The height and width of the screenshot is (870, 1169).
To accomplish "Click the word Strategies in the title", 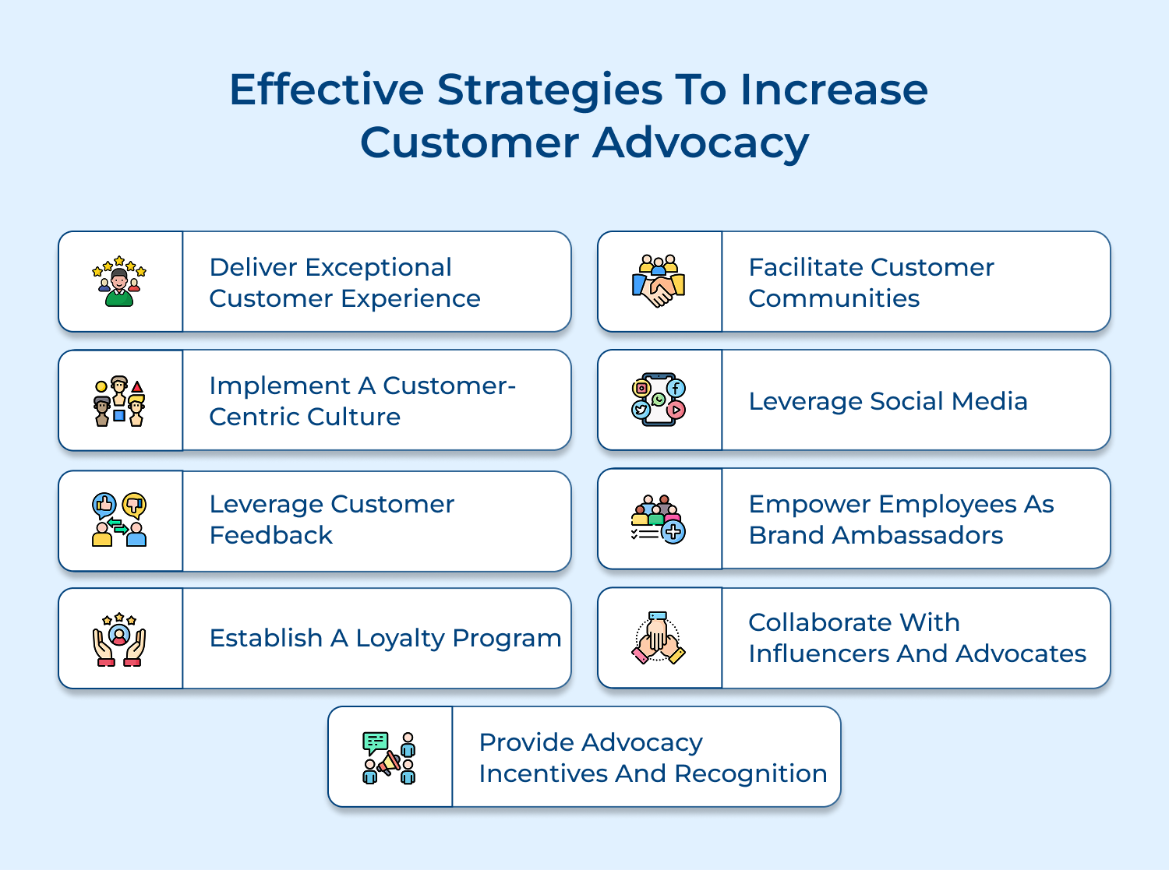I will (549, 90).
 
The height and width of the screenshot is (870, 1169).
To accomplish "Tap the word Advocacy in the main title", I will (701, 143).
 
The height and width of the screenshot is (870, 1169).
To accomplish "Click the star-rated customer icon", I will (119, 282).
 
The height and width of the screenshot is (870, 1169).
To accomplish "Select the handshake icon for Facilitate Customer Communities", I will (659, 282).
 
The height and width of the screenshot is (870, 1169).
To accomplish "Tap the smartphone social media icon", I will (659, 400).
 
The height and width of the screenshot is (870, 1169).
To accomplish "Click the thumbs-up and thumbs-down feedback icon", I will (119, 520).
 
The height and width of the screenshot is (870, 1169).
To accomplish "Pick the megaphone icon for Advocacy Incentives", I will (389, 757).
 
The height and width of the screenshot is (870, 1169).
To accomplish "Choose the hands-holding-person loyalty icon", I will (119, 639).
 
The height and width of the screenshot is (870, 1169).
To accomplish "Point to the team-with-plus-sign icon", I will (659, 520).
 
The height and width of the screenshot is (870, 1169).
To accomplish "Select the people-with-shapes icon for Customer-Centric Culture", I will (119, 401).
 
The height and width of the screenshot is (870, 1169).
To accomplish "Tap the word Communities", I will (834, 298).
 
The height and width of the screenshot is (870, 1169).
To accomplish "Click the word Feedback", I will (271, 535).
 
